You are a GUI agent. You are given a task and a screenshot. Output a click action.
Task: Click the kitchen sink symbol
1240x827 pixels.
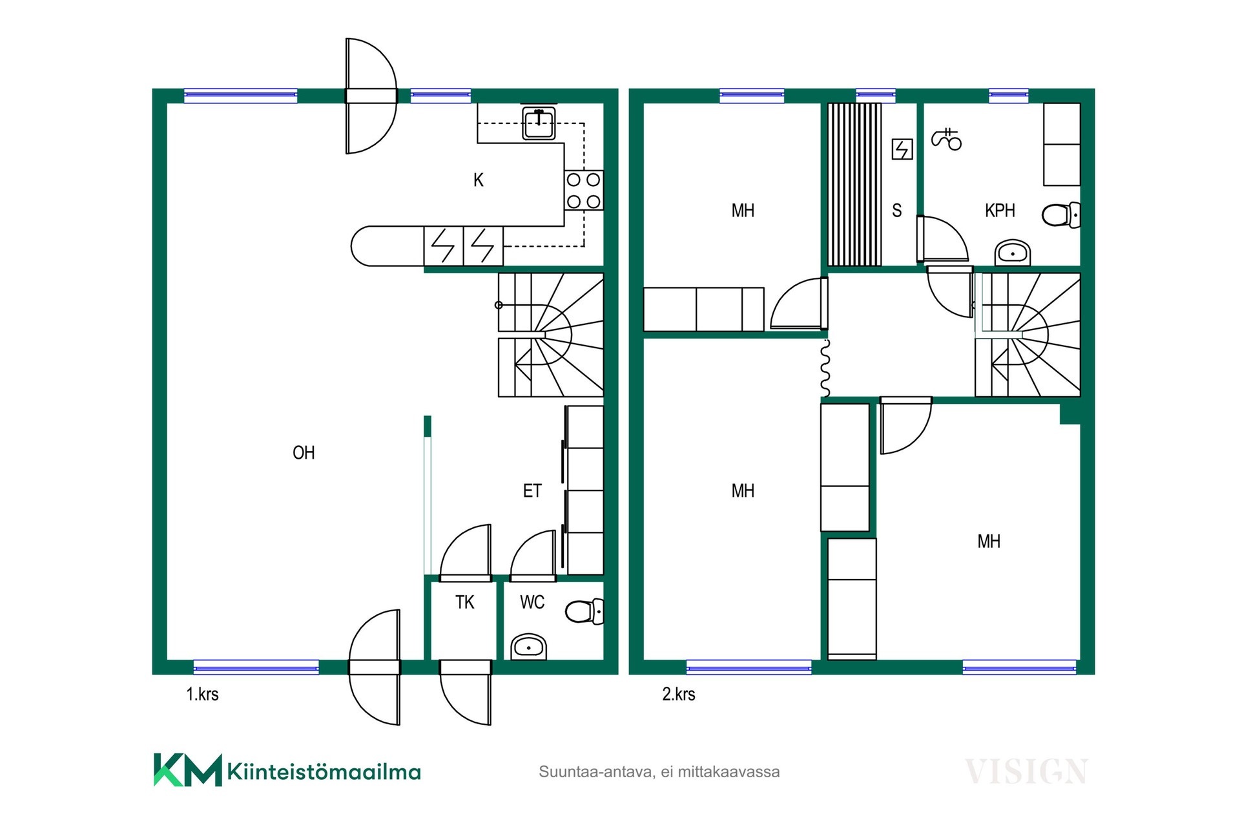pyautogui.click(x=539, y=123)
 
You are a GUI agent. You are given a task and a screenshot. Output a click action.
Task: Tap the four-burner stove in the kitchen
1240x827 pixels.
pyautogui.click(x=584, y=191)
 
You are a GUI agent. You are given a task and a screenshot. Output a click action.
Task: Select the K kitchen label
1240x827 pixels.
pyautogui.click(x=478, y=180)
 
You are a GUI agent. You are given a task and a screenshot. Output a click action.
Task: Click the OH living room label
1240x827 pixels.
pyautogui.click(x=304, y=452)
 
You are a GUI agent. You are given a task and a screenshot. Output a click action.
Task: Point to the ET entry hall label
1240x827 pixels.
pyautogui.click(x=532, y=491)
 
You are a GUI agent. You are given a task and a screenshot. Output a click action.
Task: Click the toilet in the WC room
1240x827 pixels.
pyautogui.click(x=584, y=611)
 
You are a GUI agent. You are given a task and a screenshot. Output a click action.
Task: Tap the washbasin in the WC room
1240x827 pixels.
pyautogui.click(x=529, y=647)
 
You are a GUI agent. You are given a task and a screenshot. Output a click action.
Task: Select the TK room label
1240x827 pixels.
pyautogui.click(x=464, y=602)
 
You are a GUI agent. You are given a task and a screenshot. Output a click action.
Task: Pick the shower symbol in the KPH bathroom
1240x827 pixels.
pyautogui.click(x=946, y=139)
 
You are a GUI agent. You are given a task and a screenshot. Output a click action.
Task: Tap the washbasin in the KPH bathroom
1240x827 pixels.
pyautogui.click(x=1013, y=253)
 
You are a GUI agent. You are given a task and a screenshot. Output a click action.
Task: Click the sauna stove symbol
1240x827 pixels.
pyautogui.click(x=902, y=150)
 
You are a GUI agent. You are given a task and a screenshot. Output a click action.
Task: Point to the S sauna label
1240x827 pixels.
pyautogui.click(x=896, y=211)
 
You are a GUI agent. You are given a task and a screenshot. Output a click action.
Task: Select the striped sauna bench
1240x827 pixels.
pyautogui.click(x=854, y=184)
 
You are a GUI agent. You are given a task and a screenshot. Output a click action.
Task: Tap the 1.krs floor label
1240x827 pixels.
pyautogui.click(x=202, y=695)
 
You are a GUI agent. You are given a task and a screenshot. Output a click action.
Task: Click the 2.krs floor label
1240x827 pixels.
pyautogui.click(x=679, y=695)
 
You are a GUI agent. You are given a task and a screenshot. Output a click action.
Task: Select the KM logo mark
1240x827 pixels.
pyautogui.click(x=188, y=770)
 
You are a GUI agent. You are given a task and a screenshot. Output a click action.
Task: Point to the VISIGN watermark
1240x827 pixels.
pyautogui.click(x=1026, y=771)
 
